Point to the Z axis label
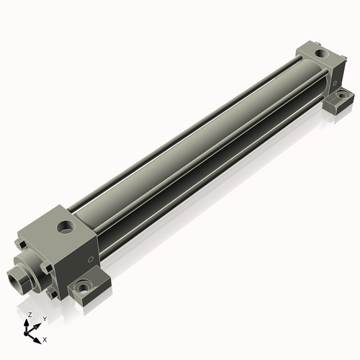30,315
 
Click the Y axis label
44,318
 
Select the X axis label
45,338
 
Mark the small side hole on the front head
89,258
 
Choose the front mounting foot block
90,288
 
